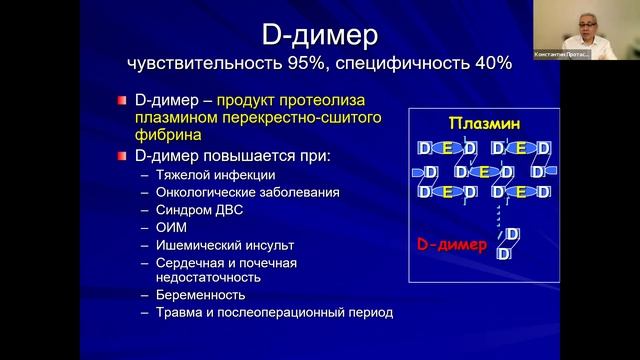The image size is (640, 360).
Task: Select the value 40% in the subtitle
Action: click(x=492, y=63)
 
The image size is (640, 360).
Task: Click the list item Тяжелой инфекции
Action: click(x=209, y=175)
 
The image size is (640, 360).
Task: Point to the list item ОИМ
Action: click(x=170, y=227)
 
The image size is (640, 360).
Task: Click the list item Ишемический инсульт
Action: click(x=217, y=244)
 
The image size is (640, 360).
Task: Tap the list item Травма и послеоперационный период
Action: click(x=274, y=312)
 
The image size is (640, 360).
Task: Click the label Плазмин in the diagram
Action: click(x=483, y=124)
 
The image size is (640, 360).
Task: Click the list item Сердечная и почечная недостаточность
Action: click(x=226, y=270)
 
